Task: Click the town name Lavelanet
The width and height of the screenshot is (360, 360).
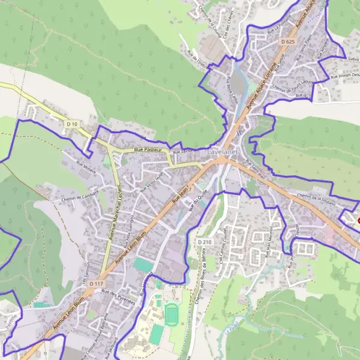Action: (223, 153)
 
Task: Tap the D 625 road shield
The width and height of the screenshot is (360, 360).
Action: (287, 41)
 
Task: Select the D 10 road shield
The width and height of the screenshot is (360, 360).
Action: (72, 124)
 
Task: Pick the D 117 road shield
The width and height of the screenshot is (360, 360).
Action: (96, 283)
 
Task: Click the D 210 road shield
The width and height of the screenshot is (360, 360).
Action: (205, 242)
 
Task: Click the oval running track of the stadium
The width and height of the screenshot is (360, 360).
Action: (172, 312)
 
